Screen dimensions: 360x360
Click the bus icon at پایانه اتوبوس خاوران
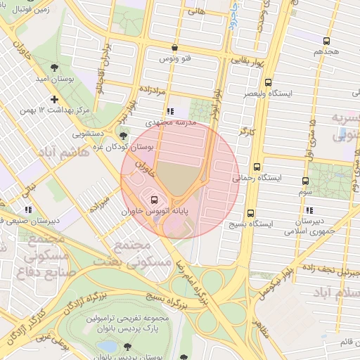tap(154, 198)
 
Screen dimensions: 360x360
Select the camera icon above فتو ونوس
tap(174, 48)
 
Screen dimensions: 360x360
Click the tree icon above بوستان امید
tap(54, 67)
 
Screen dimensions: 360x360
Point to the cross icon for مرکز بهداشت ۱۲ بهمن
tap(54, 99)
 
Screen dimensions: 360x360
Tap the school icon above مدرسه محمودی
tap(169, 111)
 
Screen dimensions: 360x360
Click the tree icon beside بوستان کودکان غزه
tap(124, 136)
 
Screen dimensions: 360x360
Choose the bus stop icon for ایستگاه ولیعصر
tap(268, 82)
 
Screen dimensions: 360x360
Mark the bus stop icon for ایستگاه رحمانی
tap(257, 167)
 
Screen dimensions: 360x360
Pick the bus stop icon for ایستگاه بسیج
tap(250, 213)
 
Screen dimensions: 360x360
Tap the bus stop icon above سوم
tap(304, 181)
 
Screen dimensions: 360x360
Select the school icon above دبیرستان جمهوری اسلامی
tap(309, 210)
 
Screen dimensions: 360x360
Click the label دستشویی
tap(88, 131)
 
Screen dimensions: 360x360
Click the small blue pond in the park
tap(107, 346)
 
